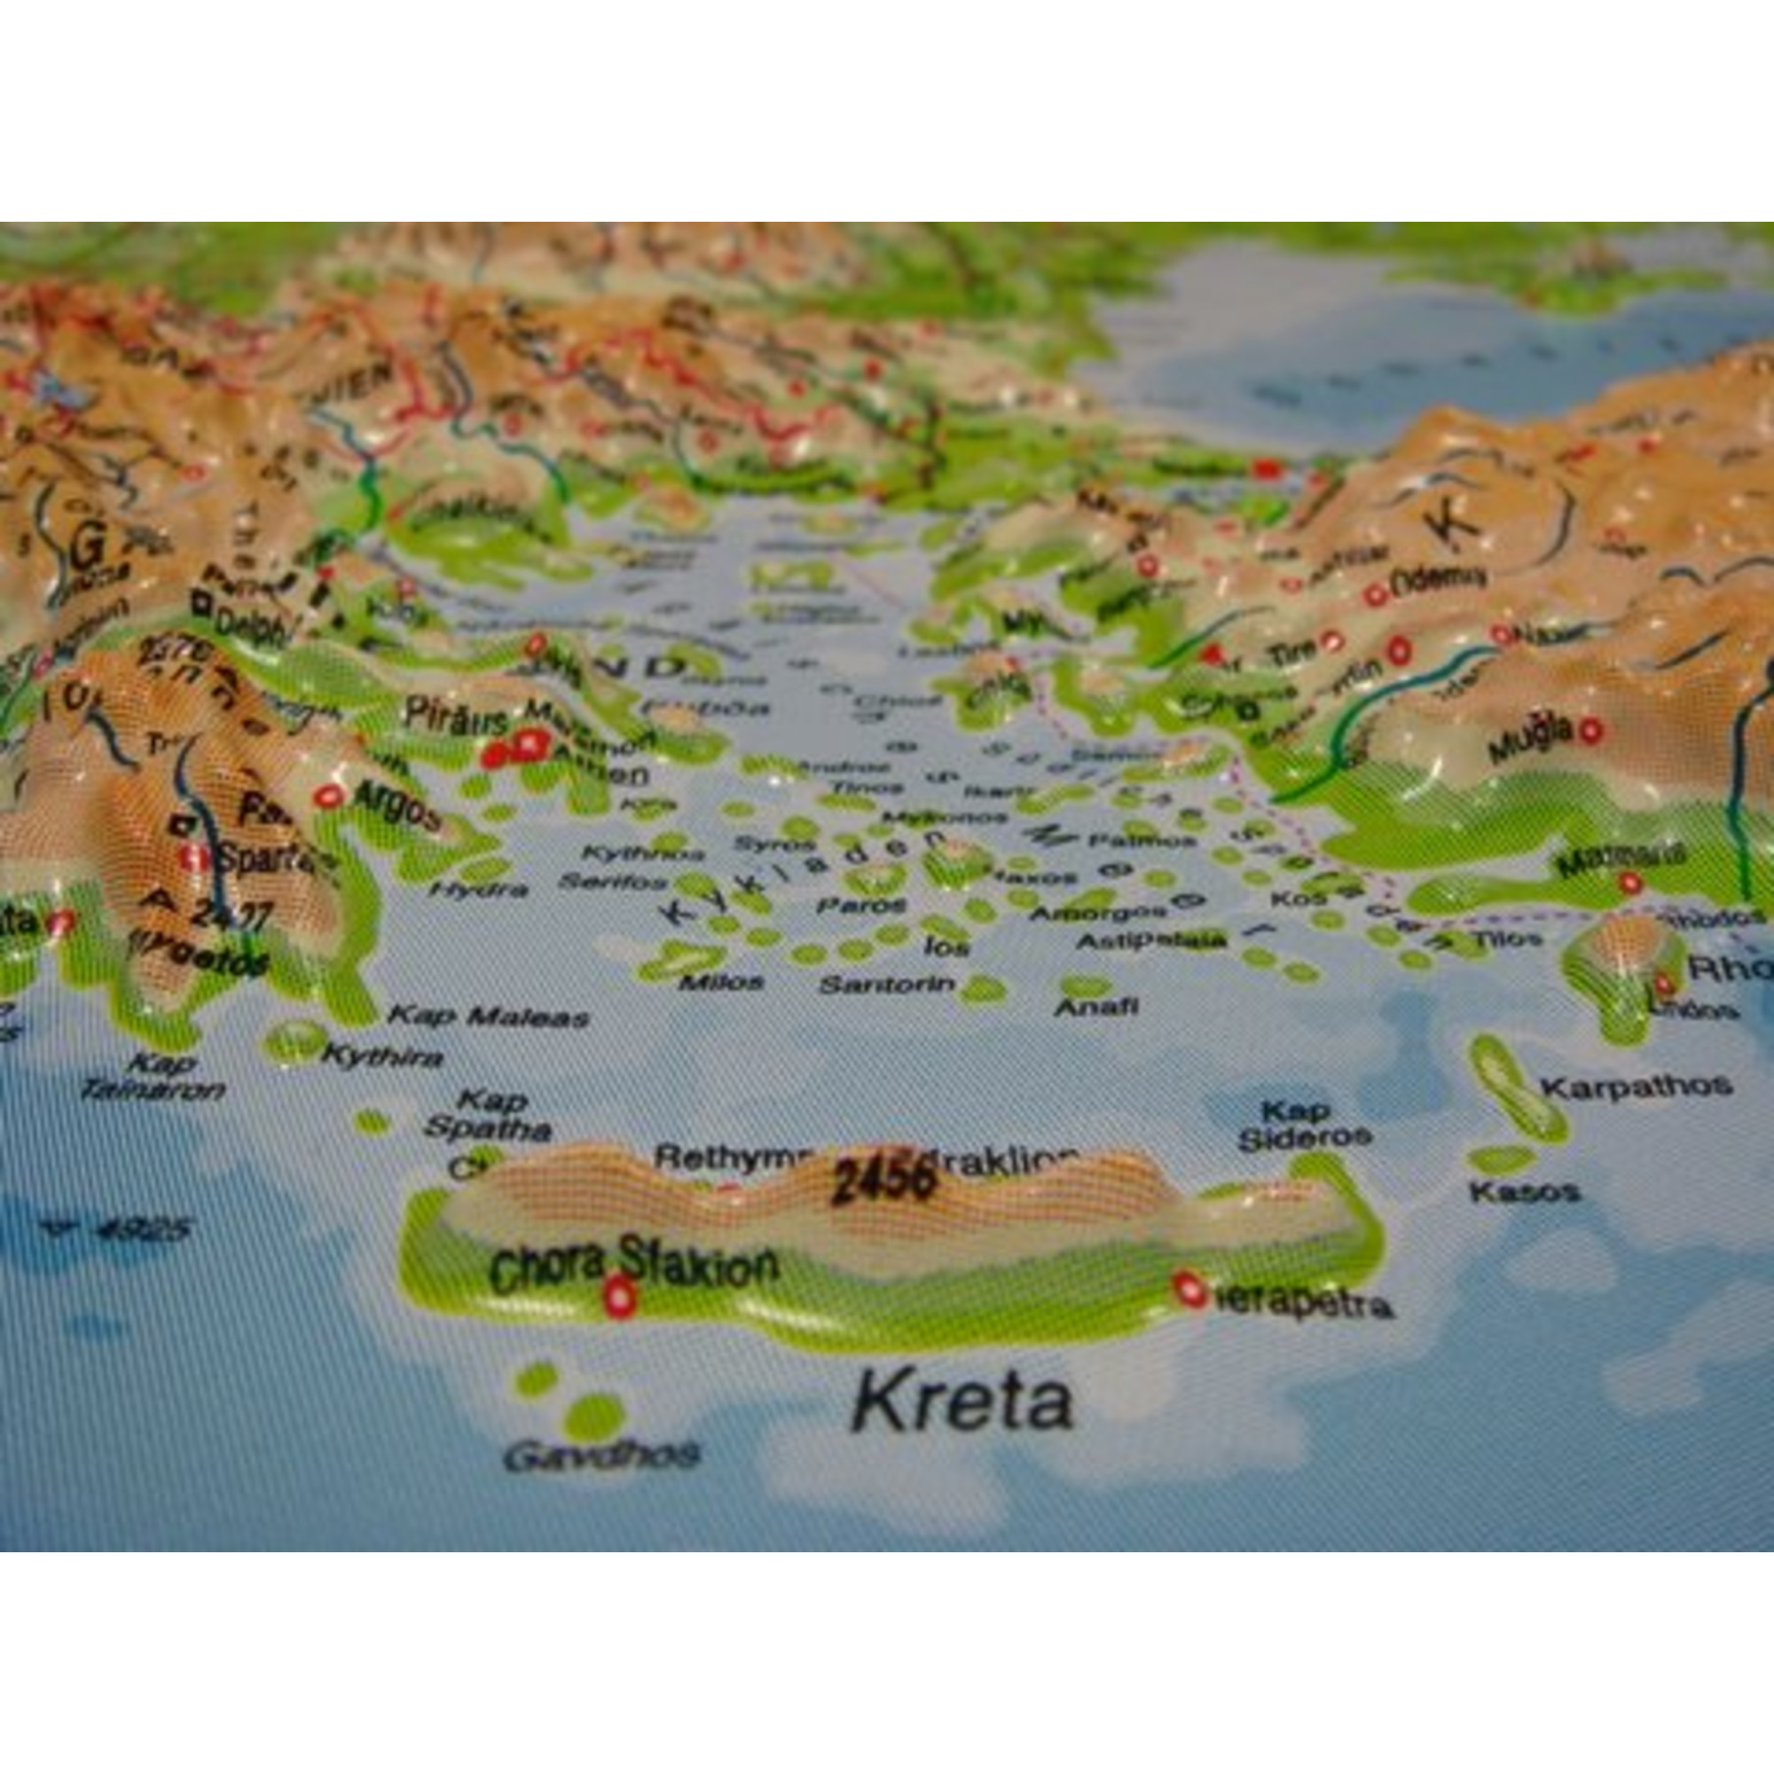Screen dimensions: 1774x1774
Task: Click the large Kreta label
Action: pos(961,1402)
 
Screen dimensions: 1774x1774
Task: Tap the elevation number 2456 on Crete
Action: pos(883,1180)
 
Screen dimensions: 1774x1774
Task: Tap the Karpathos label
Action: pos(1637,1087)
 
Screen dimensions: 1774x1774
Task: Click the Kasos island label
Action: pos(1524,1192)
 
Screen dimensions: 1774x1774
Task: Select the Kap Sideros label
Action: pos(1304,1125)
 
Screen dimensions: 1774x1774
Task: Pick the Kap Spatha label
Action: pos(489,1115)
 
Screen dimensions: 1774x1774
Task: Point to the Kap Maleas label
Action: pos(489,1017)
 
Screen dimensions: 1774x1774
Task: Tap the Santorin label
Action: pos(887,985)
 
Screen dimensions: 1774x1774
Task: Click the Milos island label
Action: pos(721,982)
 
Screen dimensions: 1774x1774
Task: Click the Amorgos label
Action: pos(1098,913)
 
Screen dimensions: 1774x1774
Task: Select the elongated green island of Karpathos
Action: pos(1518,1090)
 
